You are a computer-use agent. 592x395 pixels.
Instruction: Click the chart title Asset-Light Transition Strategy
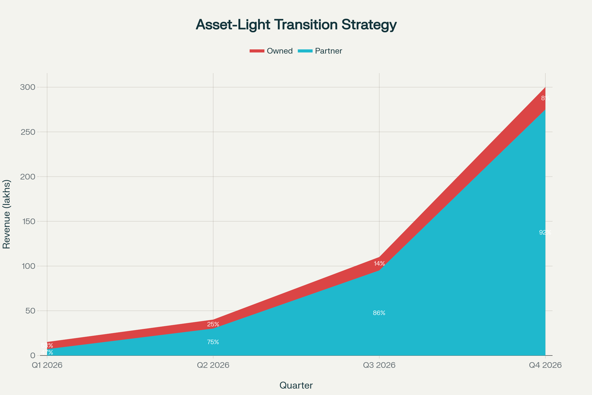point(296,25)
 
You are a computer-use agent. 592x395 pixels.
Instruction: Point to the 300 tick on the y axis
point(28,87)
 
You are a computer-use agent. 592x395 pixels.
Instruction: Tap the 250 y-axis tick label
point(28,132)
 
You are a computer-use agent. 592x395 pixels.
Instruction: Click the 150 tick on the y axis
point(28,221)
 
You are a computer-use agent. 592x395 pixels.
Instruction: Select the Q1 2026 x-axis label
point(47,365)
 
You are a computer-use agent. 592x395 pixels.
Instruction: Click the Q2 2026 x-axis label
point(213,365)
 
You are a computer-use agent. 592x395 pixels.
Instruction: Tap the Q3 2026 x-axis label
point(379,365)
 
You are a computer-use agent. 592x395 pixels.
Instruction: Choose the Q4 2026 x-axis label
point(545,365)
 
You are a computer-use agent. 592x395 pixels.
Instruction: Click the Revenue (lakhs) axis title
point(7,214)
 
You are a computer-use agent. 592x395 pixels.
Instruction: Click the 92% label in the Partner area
point(545,233)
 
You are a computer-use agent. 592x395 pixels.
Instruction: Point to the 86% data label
point(379,313)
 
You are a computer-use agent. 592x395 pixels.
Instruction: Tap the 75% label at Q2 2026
point(213,342)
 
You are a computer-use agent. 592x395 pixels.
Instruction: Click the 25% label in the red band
point(213,324)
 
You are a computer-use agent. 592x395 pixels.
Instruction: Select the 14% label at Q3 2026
point(379,263)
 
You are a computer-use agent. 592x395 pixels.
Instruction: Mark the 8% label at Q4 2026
point(545,98)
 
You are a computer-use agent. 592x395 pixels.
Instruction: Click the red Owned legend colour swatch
point(257,51)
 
